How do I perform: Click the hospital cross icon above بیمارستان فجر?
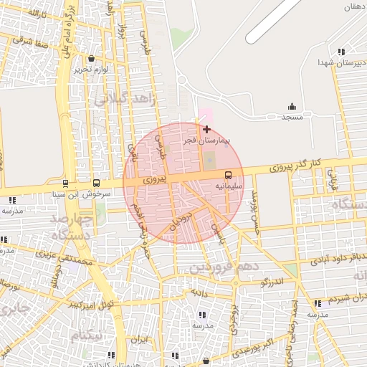[x=207, y=130]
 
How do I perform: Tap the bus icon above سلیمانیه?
[x=229, y=174]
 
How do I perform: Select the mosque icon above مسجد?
[x=292, y=106]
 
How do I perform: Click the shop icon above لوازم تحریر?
[x=91, y=59]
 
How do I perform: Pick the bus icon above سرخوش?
[x=96, y=183]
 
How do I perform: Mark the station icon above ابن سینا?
[x=66, y=183]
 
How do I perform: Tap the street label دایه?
[x=197, y=292]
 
